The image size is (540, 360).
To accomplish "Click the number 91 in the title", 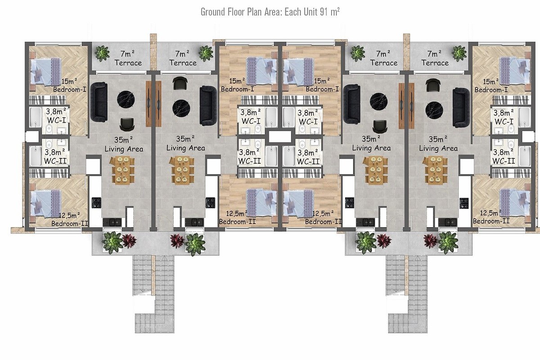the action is (x=324, y=12).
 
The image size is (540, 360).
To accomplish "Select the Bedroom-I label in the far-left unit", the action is (x=70, y=90).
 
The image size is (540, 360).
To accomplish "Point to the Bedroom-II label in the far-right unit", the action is (x=491, y=221).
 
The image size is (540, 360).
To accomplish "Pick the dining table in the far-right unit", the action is (x=435, y=171).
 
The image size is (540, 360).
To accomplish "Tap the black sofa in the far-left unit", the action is (x=99, y=102).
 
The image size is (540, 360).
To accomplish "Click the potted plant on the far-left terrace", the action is (x=102, y=53).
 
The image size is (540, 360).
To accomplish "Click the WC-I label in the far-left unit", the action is (x=57, y=120).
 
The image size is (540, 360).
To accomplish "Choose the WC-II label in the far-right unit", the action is (x=504, y=161).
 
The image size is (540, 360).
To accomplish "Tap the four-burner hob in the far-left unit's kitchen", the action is (x=97, y=202).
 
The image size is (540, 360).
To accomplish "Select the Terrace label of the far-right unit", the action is (x=435, y=63).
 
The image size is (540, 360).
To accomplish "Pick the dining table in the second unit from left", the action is (x=182, y=171).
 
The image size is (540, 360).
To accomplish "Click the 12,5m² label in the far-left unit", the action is (x=70, y=215).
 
